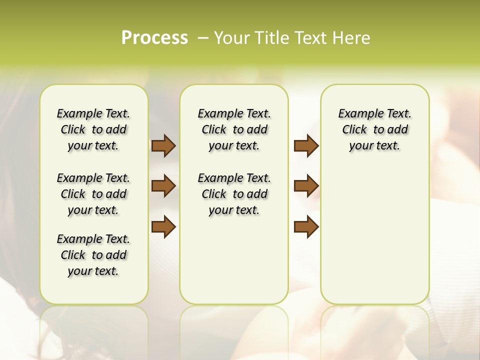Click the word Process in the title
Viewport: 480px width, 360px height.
154,38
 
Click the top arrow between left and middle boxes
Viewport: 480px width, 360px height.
163,145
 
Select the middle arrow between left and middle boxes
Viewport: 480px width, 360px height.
163,186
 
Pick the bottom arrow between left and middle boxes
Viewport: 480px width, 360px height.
163,226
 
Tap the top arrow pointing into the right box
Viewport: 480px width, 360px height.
306,145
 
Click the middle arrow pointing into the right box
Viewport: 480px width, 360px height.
306,186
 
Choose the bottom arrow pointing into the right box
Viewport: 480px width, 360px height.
306,226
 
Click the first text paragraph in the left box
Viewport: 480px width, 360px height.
93,129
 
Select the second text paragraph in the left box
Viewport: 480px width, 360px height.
93,194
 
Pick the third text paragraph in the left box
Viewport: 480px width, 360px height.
93,255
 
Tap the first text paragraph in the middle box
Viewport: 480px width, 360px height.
234,129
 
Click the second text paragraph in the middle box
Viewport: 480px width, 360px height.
234,194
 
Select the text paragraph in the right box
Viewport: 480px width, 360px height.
374,129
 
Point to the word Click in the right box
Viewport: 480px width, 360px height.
354,130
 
